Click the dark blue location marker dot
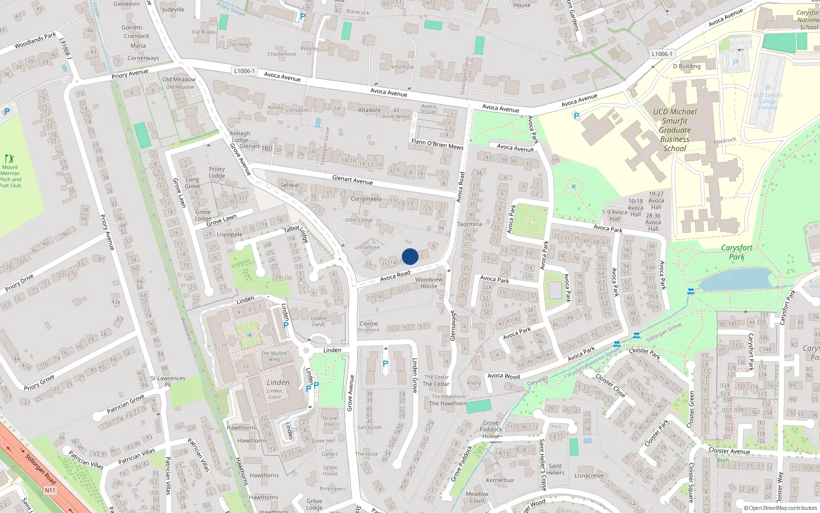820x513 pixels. point(410,256)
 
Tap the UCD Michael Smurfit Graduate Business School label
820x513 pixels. point(674,130)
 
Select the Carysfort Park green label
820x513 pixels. point(736,252)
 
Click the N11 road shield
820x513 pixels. point(50,490)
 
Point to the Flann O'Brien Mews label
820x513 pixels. point(437,144)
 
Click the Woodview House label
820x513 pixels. point(429,283)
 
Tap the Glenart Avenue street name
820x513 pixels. point(352,180)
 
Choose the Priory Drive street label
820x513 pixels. point(19,283)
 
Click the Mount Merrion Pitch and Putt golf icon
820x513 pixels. point(9,159)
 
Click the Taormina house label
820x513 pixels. point(469,224)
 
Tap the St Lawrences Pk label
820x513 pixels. point(168,381)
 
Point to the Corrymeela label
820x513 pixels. point(366,199)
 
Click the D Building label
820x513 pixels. point(687,66)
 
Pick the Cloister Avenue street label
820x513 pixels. point(729,451)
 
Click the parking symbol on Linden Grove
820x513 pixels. point(385,364)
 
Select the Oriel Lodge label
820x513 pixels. point(359,220)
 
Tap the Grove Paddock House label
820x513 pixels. point(491,430)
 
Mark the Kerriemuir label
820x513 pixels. point(500,481)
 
